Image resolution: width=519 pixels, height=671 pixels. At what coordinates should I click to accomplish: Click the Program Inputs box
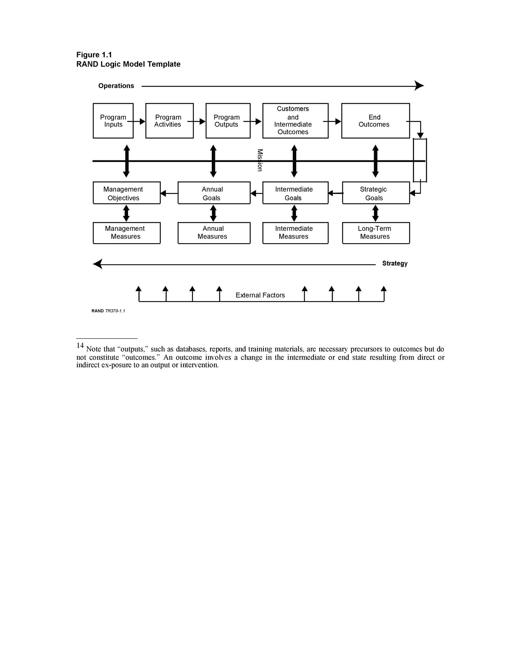pos(113,121)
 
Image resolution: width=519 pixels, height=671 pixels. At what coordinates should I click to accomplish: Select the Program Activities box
pos(169,121)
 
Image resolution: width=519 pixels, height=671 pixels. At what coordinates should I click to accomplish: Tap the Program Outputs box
pos(228,121)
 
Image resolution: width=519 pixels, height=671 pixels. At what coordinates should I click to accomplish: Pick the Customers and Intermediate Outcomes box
pos(295,121)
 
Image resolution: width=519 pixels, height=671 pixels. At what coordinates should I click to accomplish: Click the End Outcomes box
pos(375,121)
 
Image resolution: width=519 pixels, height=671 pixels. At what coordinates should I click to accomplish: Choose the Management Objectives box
pos(126,193)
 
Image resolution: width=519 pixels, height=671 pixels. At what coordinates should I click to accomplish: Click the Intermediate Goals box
pos(295,193)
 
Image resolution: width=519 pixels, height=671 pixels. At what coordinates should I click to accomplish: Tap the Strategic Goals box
pos(376,193)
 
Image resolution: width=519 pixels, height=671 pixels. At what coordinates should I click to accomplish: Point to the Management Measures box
pos(126,233)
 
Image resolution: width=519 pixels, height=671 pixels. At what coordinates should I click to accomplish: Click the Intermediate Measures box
pos(295,233)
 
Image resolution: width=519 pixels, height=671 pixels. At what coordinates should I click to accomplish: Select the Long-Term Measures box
pos(376,233)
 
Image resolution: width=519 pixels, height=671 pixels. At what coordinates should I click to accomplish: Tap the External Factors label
pos(260,295)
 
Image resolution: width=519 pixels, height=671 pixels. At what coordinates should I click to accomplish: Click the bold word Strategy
pos(395,263)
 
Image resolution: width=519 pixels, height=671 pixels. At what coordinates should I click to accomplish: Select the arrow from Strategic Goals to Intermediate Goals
pos(336,193)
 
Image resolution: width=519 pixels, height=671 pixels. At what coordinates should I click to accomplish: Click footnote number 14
pos(80,345)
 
